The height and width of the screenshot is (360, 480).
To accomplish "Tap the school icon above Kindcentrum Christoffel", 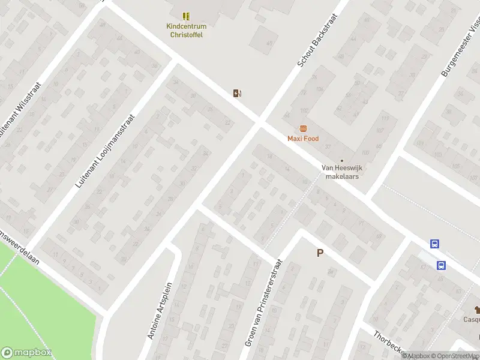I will [x=185, y=16].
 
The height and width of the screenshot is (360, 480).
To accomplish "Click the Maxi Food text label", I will [x=303, y=139].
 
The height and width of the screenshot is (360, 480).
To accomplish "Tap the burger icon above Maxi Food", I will [x=303, y=128].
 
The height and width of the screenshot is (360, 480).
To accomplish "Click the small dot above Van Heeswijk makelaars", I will [x=342, y=160].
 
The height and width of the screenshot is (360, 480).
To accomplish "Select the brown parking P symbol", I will [x=320, y=253].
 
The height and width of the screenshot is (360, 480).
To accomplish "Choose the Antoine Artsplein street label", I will [x=160, y=310].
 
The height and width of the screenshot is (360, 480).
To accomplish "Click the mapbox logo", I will [x=26, y=353].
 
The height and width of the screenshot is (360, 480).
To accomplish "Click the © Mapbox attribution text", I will [x=415, y=356].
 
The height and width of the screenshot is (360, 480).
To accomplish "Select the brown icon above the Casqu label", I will [x=477, y=310].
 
